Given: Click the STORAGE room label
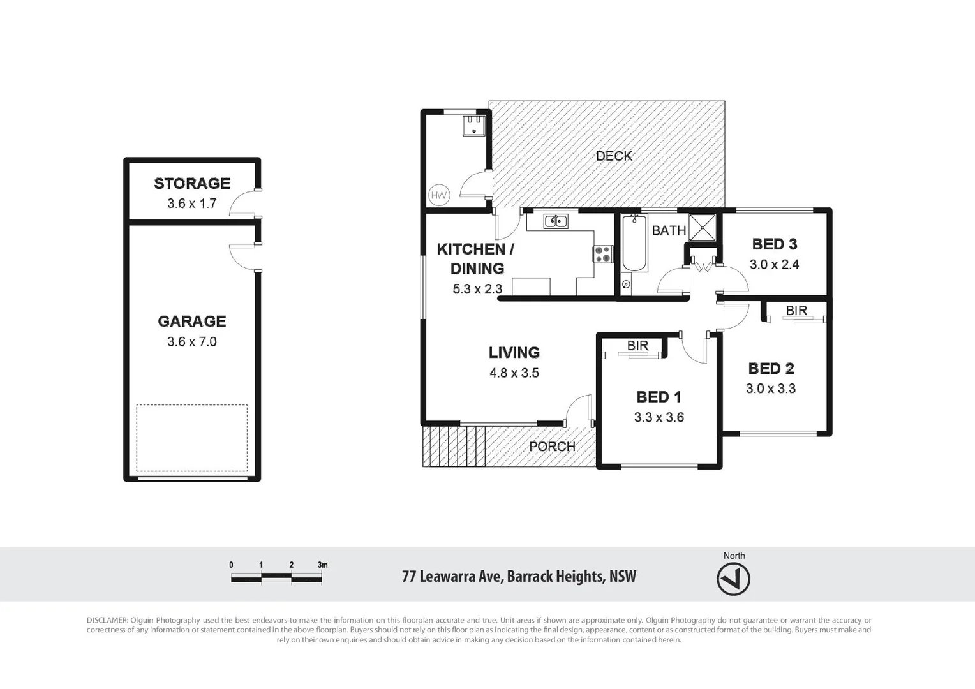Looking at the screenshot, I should coord(192,184).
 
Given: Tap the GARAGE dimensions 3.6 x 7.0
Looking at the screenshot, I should coord(192,342).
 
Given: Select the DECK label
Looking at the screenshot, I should coord(614,156).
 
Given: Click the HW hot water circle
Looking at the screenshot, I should coord(439,195).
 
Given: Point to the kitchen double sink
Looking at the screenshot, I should coord(556,221).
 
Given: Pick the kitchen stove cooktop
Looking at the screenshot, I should coord(603,254).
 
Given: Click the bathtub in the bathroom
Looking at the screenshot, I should coord(634,246).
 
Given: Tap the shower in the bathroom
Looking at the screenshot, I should coord(703,227).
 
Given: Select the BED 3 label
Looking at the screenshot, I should coord(775,244).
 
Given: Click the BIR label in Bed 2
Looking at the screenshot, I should coord(796,311).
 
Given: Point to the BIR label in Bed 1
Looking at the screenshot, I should coord(637,346).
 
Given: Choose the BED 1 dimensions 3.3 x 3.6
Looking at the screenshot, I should coord(659,418).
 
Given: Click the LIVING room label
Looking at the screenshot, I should coord(514,352).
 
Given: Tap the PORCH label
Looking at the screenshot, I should coord(552,447).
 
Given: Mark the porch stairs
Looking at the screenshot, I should coord(454,446).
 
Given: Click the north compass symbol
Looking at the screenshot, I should coord(734,580).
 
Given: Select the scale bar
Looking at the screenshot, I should coord(276,578).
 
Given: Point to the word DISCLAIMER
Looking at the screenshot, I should coord(107,620).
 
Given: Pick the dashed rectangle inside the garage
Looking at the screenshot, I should coord(192,438).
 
